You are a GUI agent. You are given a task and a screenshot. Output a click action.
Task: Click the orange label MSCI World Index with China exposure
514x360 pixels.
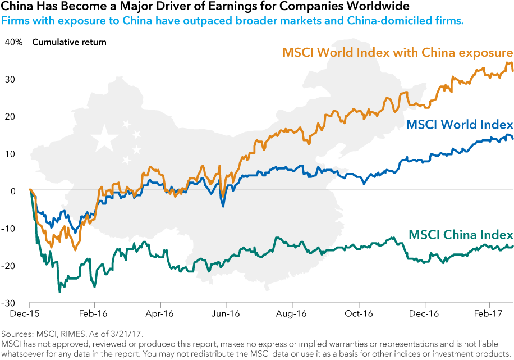tap(398, 53)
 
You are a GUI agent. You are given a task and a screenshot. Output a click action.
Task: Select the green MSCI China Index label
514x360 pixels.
tap(461, 234)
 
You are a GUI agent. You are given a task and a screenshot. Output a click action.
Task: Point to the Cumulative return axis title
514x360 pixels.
tap(69, 42)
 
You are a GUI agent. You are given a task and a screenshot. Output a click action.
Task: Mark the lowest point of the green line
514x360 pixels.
tap(59, 291)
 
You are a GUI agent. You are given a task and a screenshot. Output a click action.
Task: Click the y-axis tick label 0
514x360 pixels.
tap(12, 191)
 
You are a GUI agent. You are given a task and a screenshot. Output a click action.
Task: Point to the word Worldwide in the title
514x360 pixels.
tap(384, 7)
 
